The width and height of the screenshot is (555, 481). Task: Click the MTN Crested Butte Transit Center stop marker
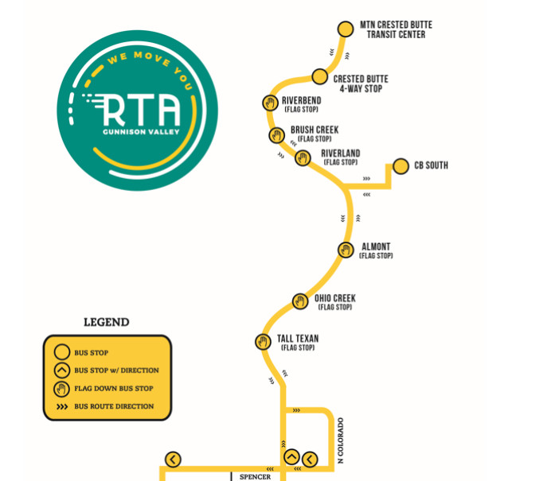[345, 29]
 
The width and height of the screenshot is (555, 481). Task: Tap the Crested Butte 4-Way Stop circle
[319, 76]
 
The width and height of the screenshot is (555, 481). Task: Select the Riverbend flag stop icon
[269, 103]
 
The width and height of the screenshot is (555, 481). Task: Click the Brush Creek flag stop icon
[277, 135]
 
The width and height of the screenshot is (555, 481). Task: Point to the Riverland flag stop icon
[303, 157]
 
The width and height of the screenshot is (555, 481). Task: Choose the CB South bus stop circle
[400, 166]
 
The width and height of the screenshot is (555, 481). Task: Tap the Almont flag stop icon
[346, 250]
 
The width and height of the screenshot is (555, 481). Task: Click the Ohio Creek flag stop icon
[300, 301]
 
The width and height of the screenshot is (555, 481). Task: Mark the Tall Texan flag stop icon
[263, 342]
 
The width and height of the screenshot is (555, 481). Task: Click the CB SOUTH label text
[431, 165]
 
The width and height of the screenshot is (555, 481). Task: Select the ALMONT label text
[375, 247]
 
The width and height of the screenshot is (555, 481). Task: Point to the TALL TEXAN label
[298, 339]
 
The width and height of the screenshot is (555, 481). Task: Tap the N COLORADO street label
[340, 440]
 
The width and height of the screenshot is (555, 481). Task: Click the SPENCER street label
[255, 476]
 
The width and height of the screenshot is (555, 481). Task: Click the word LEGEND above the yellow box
[106, 323]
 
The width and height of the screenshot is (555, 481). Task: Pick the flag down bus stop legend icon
[61, 388]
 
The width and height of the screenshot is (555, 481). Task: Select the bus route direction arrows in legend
[61, 406]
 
